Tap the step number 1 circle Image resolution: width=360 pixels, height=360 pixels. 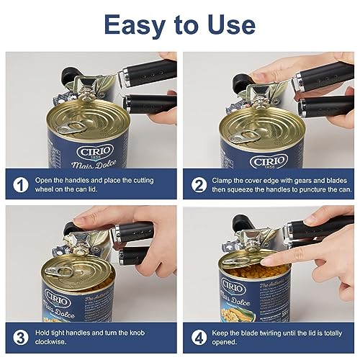click(x=20, y=186)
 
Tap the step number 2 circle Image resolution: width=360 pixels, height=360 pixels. click(x=199, y=186)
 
